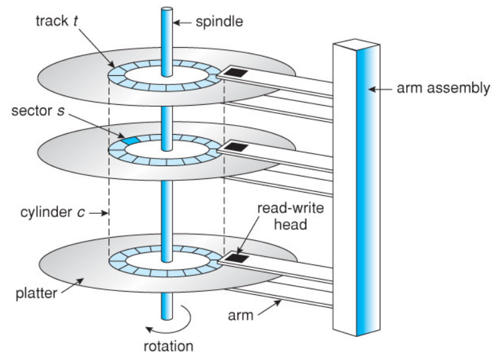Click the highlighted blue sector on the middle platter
tap(131, 140)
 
